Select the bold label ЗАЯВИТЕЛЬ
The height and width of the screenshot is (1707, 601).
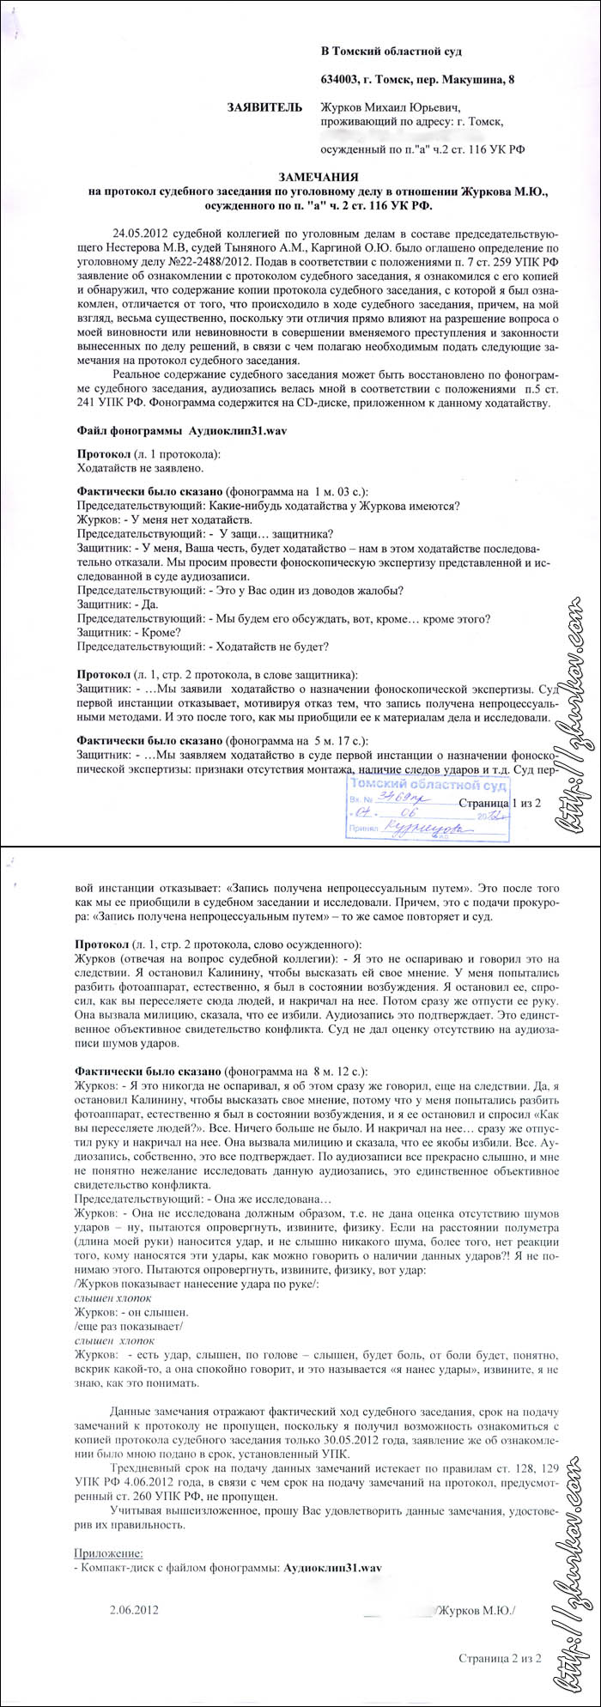tap(264, 107)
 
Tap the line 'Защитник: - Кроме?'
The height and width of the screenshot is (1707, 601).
tap(122, 632)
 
